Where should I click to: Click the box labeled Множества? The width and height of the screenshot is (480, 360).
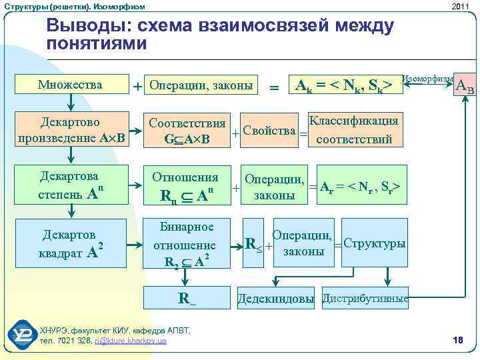point(70,85)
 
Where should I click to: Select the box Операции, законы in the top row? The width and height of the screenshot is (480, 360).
point(201,85)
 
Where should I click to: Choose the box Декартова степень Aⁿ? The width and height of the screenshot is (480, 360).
point(70,185)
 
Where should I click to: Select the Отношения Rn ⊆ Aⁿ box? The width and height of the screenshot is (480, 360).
point(186,186)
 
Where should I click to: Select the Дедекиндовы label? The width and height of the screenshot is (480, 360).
point(276,299)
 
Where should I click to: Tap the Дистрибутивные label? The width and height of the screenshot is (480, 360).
point(365,298)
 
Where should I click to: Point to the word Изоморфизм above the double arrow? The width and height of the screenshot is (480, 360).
point(429,78)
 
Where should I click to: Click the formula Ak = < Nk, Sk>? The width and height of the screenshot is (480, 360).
point(341,85)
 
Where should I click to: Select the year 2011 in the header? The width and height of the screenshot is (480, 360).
point(460,6)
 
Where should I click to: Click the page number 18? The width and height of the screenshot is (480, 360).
point(457,341)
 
